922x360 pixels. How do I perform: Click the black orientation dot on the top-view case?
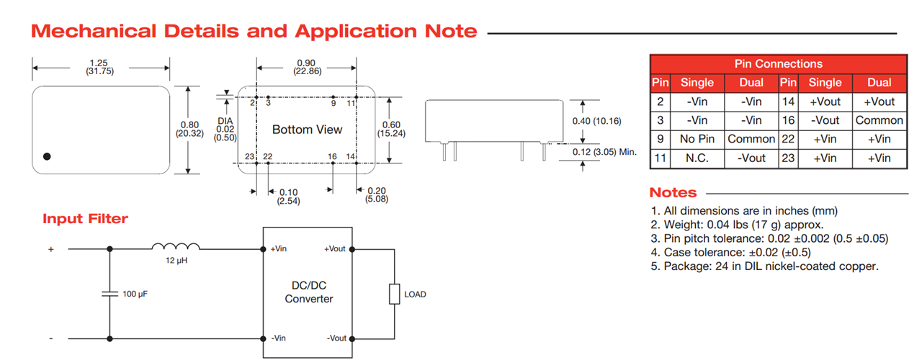pos(48,156)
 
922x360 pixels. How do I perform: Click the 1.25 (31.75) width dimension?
pos(100,66)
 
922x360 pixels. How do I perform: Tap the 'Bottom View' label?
pos(307,130)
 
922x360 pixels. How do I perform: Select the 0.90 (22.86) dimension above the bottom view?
pos(307,67)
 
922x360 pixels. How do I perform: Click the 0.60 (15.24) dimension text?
pos(391,128)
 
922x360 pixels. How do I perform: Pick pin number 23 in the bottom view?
pos(250,156)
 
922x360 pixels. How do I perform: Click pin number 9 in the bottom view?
pos(334,104)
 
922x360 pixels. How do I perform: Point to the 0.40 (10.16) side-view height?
pos(596,120)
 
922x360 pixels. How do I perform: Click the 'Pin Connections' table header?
pos(778,64)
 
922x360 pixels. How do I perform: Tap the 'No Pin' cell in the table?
pos(697,139)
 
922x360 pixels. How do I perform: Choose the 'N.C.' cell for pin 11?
pos(697,158)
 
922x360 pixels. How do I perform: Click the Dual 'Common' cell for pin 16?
pos(879,120)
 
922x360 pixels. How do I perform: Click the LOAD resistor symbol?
pos(394,294)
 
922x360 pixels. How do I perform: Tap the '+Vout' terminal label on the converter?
pos(335,249)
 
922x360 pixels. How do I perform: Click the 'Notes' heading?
pos(673,193)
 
